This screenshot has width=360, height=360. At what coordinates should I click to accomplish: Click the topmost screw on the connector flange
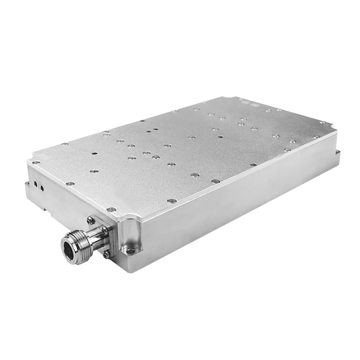[x=90, y=220]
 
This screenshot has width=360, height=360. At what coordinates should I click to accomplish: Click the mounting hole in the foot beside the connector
[x=130, y=250]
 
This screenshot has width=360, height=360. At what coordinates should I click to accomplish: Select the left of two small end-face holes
[x=35, y=184]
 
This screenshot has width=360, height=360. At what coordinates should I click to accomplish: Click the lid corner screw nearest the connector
[x=112, y=209]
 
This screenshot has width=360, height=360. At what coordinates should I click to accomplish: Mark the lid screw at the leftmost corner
[x=36, y=162]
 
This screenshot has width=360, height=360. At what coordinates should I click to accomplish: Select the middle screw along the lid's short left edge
[x=70, y=184]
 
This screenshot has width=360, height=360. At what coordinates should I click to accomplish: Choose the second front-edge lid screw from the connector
[x=171, y=201]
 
